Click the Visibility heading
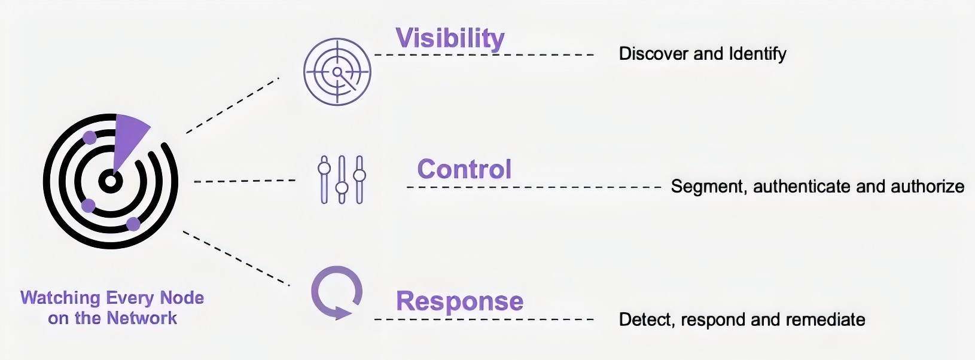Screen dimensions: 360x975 450,38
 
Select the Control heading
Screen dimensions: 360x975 464,169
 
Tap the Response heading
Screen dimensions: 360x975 459,301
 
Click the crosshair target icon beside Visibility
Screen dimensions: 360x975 337,72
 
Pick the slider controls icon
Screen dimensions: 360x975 342,179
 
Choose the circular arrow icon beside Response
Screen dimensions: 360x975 337,292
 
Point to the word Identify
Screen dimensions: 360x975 757,54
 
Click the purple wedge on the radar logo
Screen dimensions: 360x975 127,138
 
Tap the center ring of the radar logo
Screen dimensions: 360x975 110,181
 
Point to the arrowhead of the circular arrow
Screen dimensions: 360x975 342,312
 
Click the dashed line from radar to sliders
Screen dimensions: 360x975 245,181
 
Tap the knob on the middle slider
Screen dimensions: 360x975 342,188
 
